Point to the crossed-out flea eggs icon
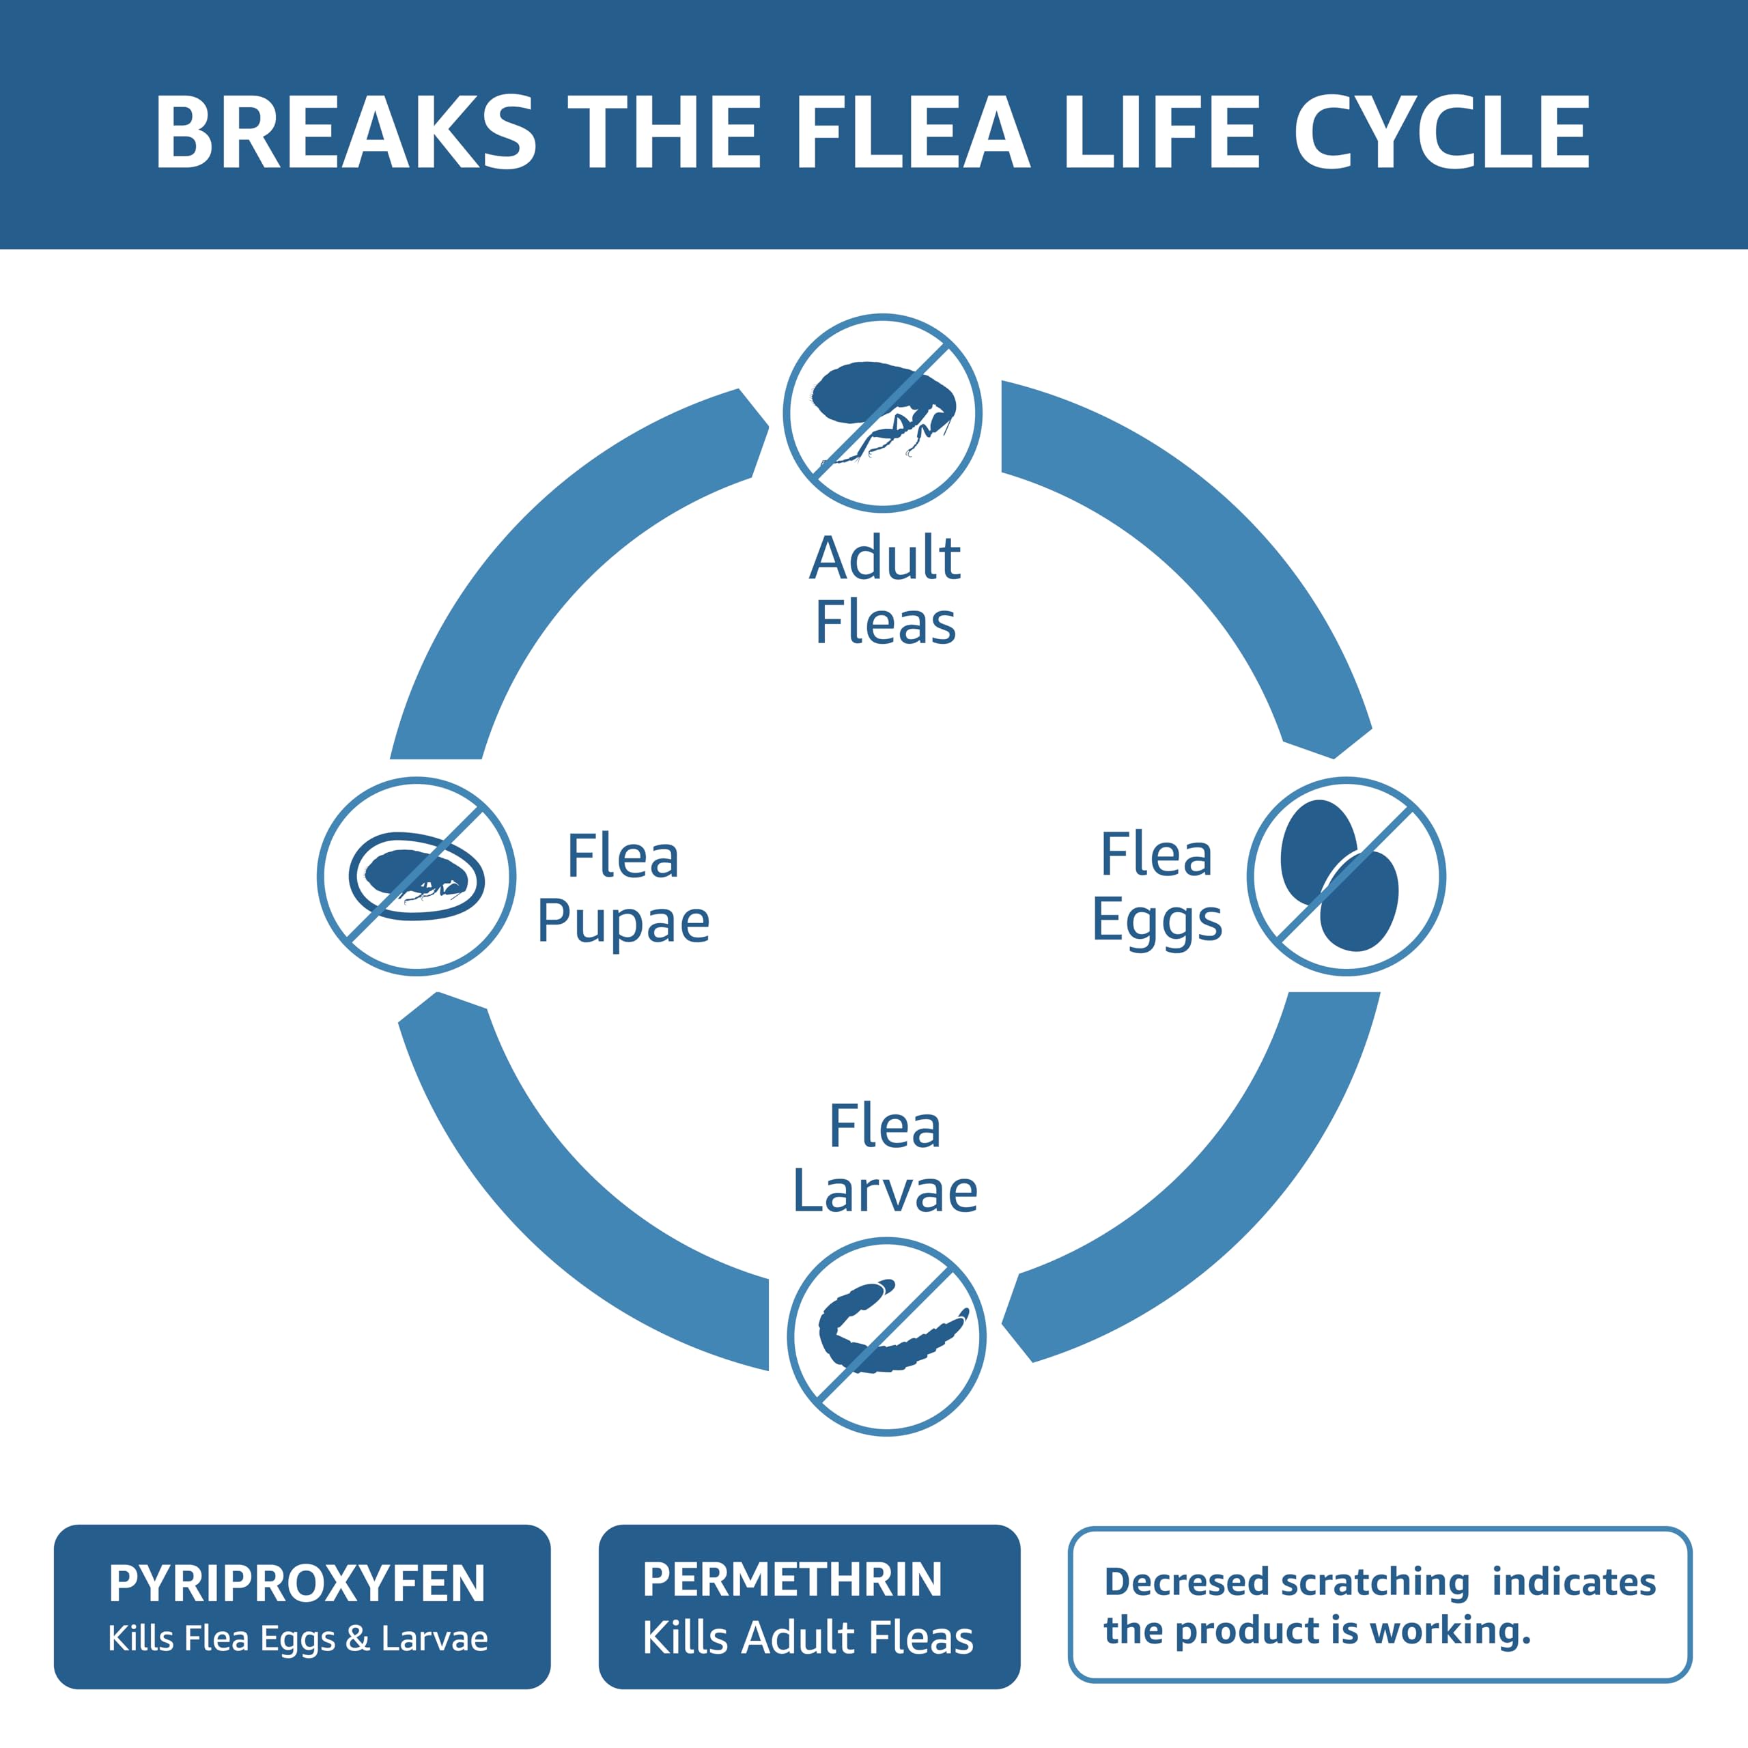[x=1347, y=876]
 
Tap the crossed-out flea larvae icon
[x=887, y=1337]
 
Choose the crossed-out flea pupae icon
[x=417, y=876]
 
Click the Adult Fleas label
[x=885, y=590]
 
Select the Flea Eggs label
[x=1156, y=887]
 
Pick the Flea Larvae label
[x=885, y=1159]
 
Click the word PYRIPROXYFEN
[x=297, y=1583]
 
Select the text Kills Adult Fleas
[x=808, y=1637]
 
